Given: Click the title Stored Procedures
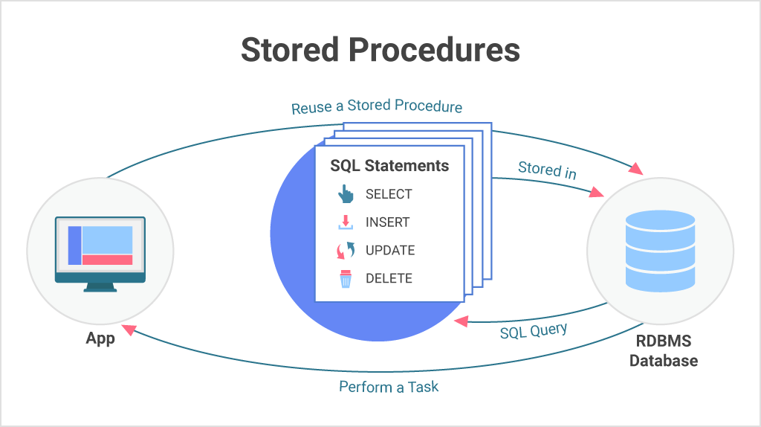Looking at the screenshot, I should pyautogui.click(x=380, y=50).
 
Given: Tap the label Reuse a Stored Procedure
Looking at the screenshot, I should pyautogui.click(x=376, y=107).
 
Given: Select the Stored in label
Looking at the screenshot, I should pyautogui.click(x=547, y=170).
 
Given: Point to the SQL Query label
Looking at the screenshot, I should pyautogui.click(x=533, y=330).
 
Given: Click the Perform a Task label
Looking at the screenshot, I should pyautogui.click(x=389, y=387).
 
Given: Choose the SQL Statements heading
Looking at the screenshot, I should pyautogui.click(x=389, y=165).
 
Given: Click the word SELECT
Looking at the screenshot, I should pyautogui.click(x=388, y=194).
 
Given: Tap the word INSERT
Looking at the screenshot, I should pyautogui.click(x=387, y=222).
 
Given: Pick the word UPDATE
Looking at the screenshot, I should pyautogui.click(x=389, y=251).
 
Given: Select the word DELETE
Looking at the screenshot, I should pyautogui.click(x=389, y=279).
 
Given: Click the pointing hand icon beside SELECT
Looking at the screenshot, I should pyautogui.click(x=346, y=194).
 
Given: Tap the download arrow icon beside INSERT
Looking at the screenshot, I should pyautogui.click(x=346, y=222).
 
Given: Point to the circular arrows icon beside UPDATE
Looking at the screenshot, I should pyautogui.click(x=346, y=251).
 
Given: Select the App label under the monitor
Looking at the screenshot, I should pyautogui.click(x=100, y=338).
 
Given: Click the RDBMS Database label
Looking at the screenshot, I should pyautogui.click(x=663, y=351).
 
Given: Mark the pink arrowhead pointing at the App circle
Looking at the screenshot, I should pyautogui.click(x=129, y=329).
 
